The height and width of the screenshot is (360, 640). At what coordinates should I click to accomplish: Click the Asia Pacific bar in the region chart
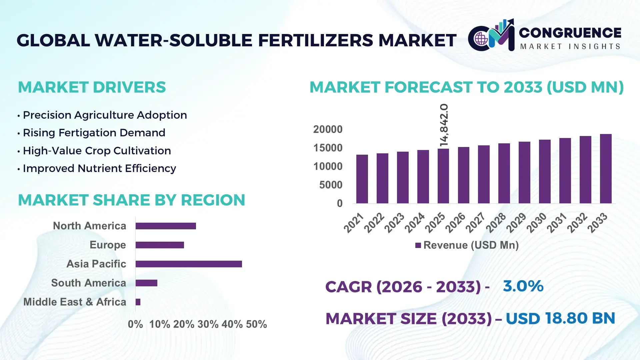coord(189,264)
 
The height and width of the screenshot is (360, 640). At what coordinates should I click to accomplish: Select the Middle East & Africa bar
coord(138,302)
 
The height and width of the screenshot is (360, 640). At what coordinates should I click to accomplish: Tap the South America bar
coord(146,283)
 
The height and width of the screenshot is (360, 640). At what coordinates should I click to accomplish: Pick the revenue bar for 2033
coord(606,169)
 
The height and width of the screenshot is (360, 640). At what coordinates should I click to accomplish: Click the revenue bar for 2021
coord(362,179)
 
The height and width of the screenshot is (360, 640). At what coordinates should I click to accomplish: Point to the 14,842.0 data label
coord(444,125)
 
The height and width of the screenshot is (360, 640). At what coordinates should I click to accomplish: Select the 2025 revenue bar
coord(443,176)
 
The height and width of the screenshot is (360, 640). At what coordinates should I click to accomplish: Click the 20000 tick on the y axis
coord(328,129)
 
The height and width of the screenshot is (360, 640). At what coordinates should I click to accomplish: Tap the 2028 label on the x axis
coord(496,223)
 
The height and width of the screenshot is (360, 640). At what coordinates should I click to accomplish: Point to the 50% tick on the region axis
coord(256,324)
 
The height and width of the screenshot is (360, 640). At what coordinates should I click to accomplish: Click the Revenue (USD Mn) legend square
coord(418,245)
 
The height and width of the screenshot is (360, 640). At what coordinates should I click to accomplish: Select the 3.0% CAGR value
coord(523,286)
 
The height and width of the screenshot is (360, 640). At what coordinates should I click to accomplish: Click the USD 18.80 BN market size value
coord(560,318)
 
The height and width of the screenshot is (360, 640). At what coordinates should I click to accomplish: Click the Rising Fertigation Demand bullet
coord(94,133)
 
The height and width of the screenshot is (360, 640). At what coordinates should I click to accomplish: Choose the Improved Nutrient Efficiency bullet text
coord(99,168)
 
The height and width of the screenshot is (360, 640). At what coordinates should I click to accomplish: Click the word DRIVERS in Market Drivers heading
coord(129,87)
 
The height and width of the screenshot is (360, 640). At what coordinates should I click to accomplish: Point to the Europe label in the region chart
coord(108,245)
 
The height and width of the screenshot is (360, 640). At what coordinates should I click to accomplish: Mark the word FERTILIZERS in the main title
coord(316,40)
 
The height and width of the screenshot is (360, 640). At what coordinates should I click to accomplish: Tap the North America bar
coord(166,226)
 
